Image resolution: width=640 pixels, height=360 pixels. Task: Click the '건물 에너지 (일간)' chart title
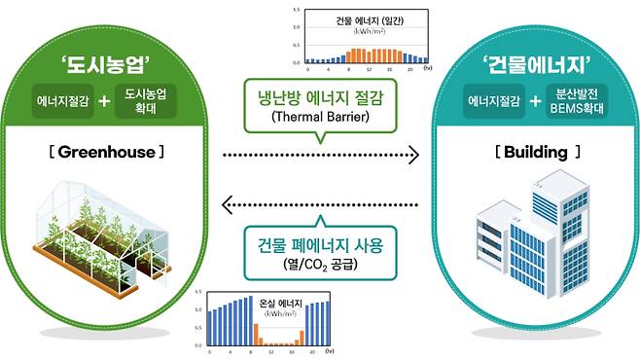(356, 19)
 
